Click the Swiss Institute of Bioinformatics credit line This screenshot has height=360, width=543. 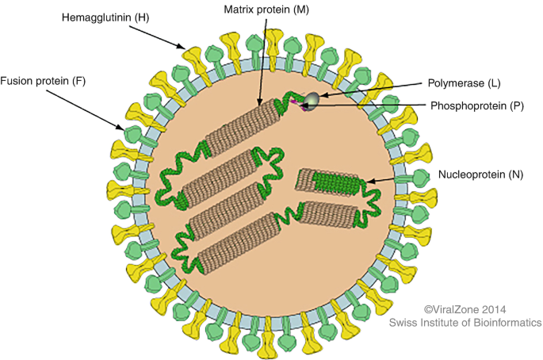tap(465, 323)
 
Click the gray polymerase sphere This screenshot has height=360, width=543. tap(314, 98)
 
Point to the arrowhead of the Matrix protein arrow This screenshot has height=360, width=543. tap(260, 107)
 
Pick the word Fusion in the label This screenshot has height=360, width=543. tap(18, 81)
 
